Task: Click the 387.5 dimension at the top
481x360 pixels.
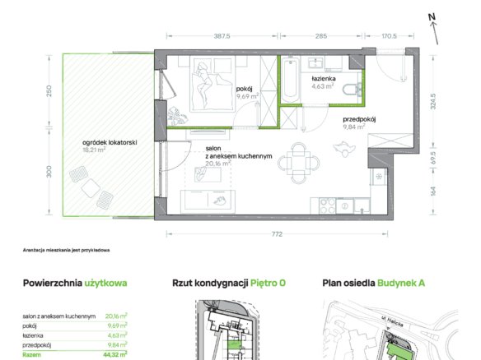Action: [222, 36]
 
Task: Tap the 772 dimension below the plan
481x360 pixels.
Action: [277, 234]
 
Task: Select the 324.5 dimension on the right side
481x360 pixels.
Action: [433, 101]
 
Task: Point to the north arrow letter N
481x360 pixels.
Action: [432, 17]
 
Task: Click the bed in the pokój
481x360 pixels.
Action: [212, 83]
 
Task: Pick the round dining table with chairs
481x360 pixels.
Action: [298, 163]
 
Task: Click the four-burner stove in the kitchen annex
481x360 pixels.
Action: [328, 205]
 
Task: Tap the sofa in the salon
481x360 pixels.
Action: [208, 201]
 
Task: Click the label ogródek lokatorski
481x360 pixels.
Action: [110, 143]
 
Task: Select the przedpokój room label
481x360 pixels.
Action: [359, 119]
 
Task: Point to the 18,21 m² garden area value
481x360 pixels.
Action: [94, 150]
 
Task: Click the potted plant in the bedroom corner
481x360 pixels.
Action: [177, 116]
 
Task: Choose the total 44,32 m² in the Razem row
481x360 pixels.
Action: [114, 355]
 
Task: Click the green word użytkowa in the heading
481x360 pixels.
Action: [105, 284]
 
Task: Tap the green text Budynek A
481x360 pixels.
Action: [401, 284]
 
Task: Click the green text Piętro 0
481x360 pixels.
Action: [268, 284]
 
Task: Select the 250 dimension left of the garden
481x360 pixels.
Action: [49, 91]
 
